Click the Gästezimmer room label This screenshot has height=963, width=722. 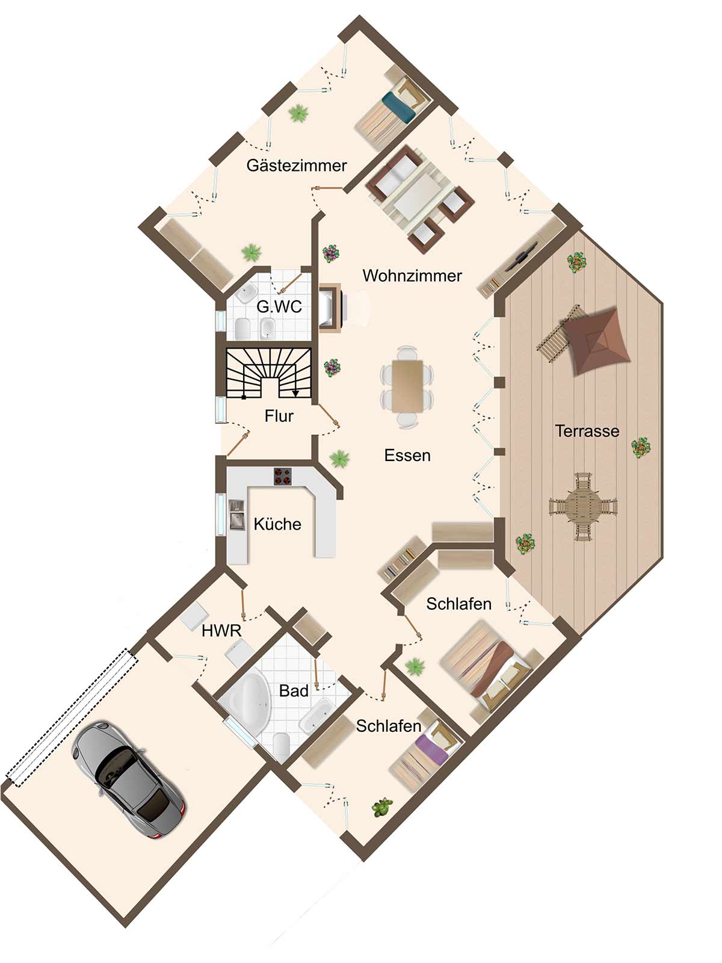[297, 166]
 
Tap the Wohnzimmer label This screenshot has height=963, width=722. [412, 276]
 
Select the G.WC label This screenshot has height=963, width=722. [279, 306]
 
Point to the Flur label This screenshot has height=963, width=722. [279, 415]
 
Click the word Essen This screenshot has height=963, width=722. [407, 456]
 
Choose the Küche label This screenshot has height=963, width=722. [277, 524]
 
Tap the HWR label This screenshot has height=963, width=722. [221, 631]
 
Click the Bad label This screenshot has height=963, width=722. [294, 691]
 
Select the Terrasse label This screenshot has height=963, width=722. [587, 431]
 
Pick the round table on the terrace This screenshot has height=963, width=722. [583, 507]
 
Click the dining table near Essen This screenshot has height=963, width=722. [407, 386]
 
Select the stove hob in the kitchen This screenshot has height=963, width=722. [283, 477]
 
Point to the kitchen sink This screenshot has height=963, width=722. [236, 515]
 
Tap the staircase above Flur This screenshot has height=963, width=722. [269, 373]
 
